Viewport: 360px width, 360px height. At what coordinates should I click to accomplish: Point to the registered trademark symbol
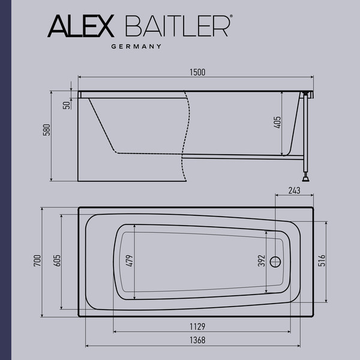point(231,19)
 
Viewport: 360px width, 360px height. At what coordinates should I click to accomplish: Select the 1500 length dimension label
point(197,72)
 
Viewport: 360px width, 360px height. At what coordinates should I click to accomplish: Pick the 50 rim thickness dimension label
point(67,105)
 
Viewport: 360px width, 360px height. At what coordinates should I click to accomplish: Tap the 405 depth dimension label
point(277,124)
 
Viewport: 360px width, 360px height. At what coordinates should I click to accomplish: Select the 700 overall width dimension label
point(37,261)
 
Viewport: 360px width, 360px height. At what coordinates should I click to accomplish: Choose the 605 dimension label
point(57,261)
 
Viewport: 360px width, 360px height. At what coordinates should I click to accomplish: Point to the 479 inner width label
point(129,261)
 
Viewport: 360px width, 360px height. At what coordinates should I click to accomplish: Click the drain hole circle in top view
point(276,262)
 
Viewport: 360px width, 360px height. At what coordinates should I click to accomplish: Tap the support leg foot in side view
point(307,177)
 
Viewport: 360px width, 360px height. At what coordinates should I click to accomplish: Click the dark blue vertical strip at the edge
point(5,180)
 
